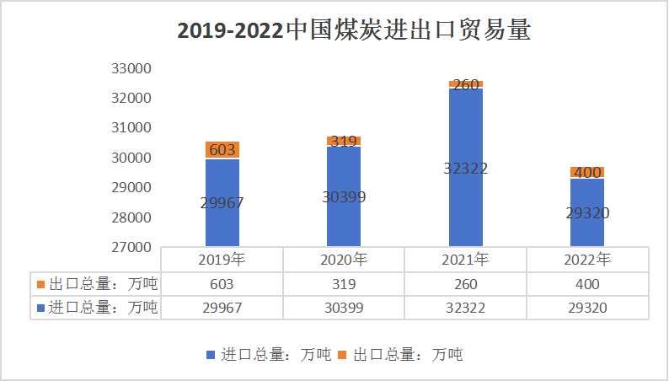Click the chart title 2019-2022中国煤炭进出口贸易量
click(354, 30)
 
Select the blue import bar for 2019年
click(222, 202)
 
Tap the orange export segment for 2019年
click(222, 150)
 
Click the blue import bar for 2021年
click(465, 167)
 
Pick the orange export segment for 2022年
click(587, 172)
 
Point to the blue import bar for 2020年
click(344, 196)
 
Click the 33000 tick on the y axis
click(131, 68)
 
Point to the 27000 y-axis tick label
click(131, 247)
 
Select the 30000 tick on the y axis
click(131, 158)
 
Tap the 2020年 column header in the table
click(344, 260)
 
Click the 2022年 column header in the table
click(587, 260)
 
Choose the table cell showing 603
click(222, 284)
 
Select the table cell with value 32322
click(465, 308)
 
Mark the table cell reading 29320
click(587, 308)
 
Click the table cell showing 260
click(465, 284)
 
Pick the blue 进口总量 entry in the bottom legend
click(269, 355)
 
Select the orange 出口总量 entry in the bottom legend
click(400, 355)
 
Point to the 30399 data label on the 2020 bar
click(344, 196)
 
